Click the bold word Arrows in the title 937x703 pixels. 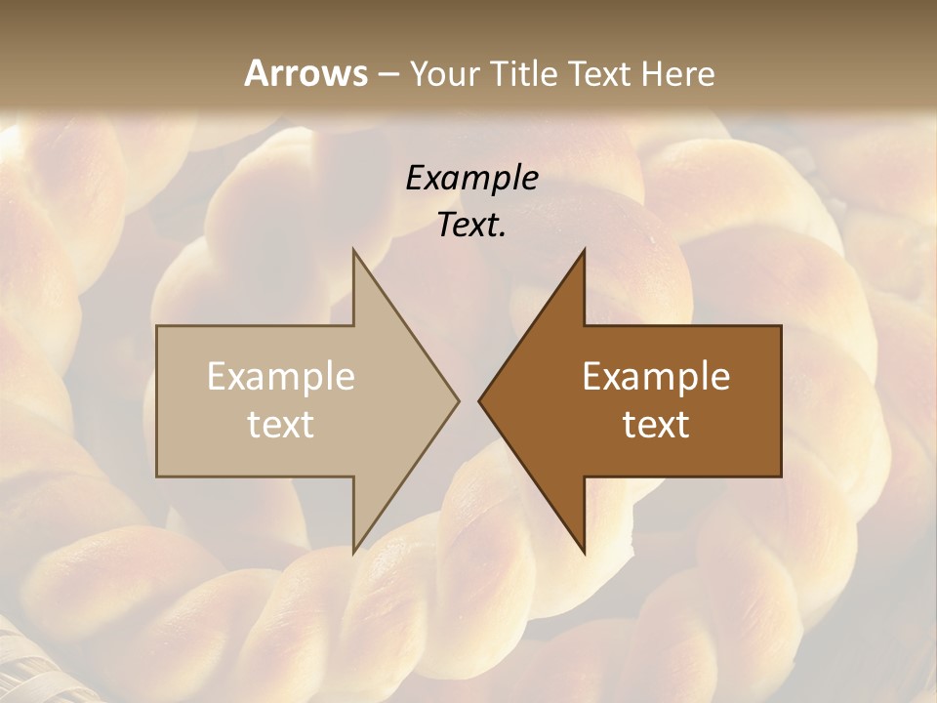(x=306, y=73)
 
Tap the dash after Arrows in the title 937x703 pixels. (x=387, y=74)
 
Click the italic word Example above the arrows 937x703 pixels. (x=471, y=178)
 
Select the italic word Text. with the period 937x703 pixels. (x=471, y=226)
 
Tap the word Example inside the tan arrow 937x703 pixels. (x=281, y=377)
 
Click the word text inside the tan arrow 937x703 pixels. (x=281, y=425)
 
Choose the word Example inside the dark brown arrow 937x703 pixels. (x=656, y=377)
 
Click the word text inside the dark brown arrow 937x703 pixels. (x=656, y=425)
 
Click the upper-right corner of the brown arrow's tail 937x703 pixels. (x=780, y=327)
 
